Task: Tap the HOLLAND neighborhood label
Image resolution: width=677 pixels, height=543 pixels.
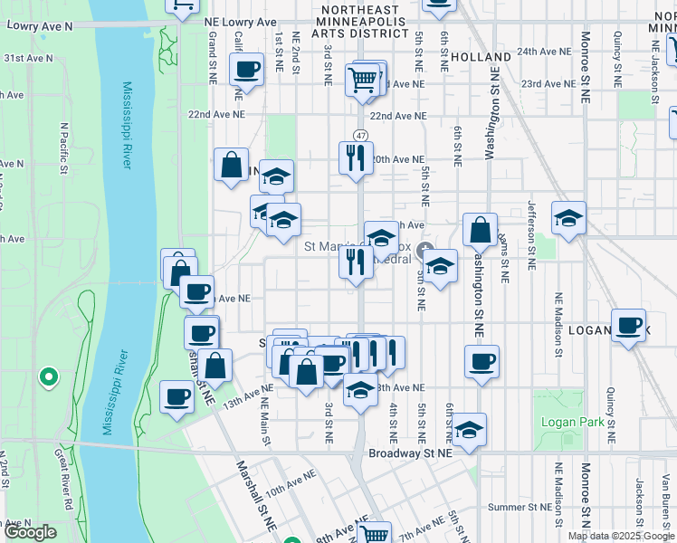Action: [481, 57]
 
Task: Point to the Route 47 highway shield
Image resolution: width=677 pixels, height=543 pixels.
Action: [360, 135]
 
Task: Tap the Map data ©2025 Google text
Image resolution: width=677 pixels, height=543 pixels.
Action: [622, 536]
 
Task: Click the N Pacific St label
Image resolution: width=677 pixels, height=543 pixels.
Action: [63, 148]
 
